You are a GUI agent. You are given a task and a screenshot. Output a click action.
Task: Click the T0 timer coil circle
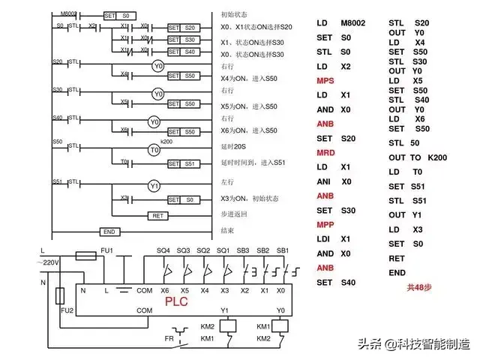(x=154, y=150)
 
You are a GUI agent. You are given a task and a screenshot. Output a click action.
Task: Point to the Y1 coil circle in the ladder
(x=154, y=185)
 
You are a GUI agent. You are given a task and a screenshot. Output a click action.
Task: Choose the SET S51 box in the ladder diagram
(x=184, y=163)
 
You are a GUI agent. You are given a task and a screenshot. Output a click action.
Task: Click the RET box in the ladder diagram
(x=157, y=215)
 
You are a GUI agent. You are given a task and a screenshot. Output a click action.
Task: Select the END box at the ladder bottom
(x=109, y=232)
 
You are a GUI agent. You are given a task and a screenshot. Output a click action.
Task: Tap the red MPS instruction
(x=325, y=80)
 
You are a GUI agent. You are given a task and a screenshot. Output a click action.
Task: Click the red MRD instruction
(x=325, y=151)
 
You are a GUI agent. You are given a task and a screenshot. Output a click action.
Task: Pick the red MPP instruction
(x=325, y=223)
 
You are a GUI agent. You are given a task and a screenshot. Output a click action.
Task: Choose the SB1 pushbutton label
(x=283, y=250)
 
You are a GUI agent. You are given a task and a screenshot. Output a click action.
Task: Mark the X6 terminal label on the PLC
(x=165, y=290)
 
